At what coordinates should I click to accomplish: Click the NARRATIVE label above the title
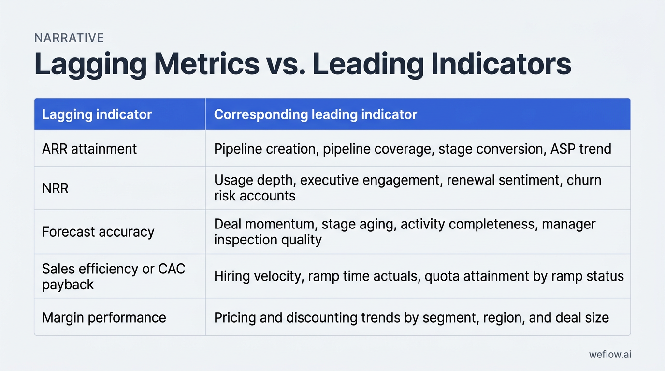click(x=69, y=38)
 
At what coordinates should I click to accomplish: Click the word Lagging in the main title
click(x=90, y=65)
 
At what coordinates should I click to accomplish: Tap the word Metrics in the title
click(x=207, y=65)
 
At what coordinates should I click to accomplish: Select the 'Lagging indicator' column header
click(x=97, y=114)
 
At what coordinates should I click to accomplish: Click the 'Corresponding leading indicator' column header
click(x=315, y=114)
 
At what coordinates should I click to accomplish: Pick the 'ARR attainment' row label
click(x=89, y=148)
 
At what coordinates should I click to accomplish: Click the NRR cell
click(x=55, y=188)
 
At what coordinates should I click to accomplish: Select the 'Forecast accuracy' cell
click(x=98, y=232)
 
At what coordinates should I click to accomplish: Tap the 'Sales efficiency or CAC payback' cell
click(x=114, y=276)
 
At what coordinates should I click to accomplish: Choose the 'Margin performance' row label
click(x=104, y=317)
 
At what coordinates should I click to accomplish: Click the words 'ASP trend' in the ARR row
click(x=580, y=148)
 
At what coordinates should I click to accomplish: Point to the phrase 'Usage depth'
click(x=255, y=180)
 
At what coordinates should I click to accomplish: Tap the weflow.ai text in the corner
click(x=610, y=354)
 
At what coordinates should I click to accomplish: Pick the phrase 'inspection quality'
click(x=268, y=239)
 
